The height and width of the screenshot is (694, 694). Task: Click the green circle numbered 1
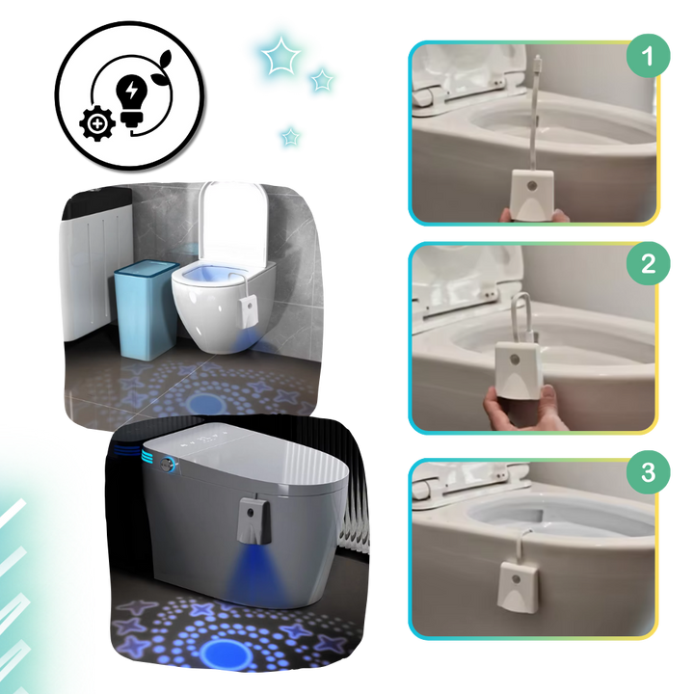pos(648,56)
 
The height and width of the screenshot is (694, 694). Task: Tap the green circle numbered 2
pos(648,263)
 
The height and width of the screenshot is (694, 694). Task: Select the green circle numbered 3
pos(648,471)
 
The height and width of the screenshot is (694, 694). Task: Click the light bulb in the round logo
pos(131,100)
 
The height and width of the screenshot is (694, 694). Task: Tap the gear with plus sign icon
pos(97,123)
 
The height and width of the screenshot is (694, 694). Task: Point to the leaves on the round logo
pos(162,67)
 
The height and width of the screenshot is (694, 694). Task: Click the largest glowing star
pos(280,56)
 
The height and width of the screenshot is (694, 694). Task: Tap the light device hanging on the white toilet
pos(250,312)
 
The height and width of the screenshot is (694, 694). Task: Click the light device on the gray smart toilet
pos(254,520)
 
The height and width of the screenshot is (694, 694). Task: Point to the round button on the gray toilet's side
pos(167,464)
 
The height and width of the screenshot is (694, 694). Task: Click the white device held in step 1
pos(532,195)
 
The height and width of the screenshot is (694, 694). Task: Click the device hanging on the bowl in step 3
pos(519,586)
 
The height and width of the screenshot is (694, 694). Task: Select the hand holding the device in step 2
pos(522,407)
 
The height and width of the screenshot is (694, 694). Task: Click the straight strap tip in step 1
pos(537,60)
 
